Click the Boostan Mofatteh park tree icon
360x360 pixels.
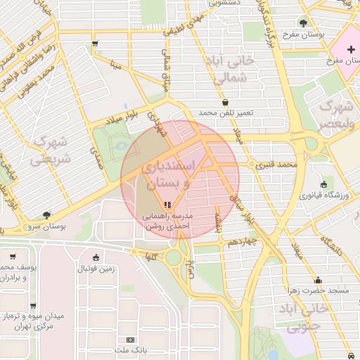point(303,22)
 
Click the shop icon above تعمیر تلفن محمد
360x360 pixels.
point(225,102)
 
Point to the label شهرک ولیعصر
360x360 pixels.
point(337,115)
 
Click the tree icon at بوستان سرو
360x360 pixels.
point(46,215)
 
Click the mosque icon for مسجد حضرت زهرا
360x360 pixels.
point(318,279)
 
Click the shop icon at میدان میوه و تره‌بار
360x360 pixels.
point(32,305)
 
